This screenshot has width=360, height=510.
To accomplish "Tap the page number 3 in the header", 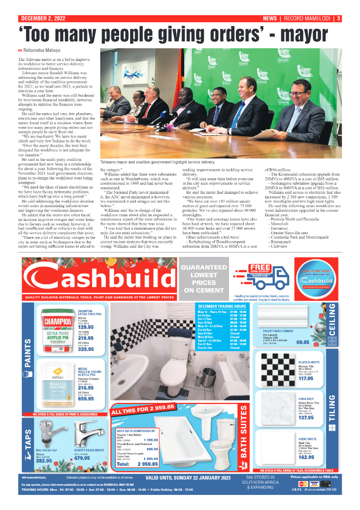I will (x=338, y=19).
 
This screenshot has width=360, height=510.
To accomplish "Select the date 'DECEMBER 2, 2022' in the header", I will (x=42, y=19).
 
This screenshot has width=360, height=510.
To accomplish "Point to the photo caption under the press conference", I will (x=157, y=162).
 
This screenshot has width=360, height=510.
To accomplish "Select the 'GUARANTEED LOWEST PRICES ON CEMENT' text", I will (x=204, y=279).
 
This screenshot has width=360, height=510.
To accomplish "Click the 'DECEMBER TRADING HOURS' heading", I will (x=222, y=306).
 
